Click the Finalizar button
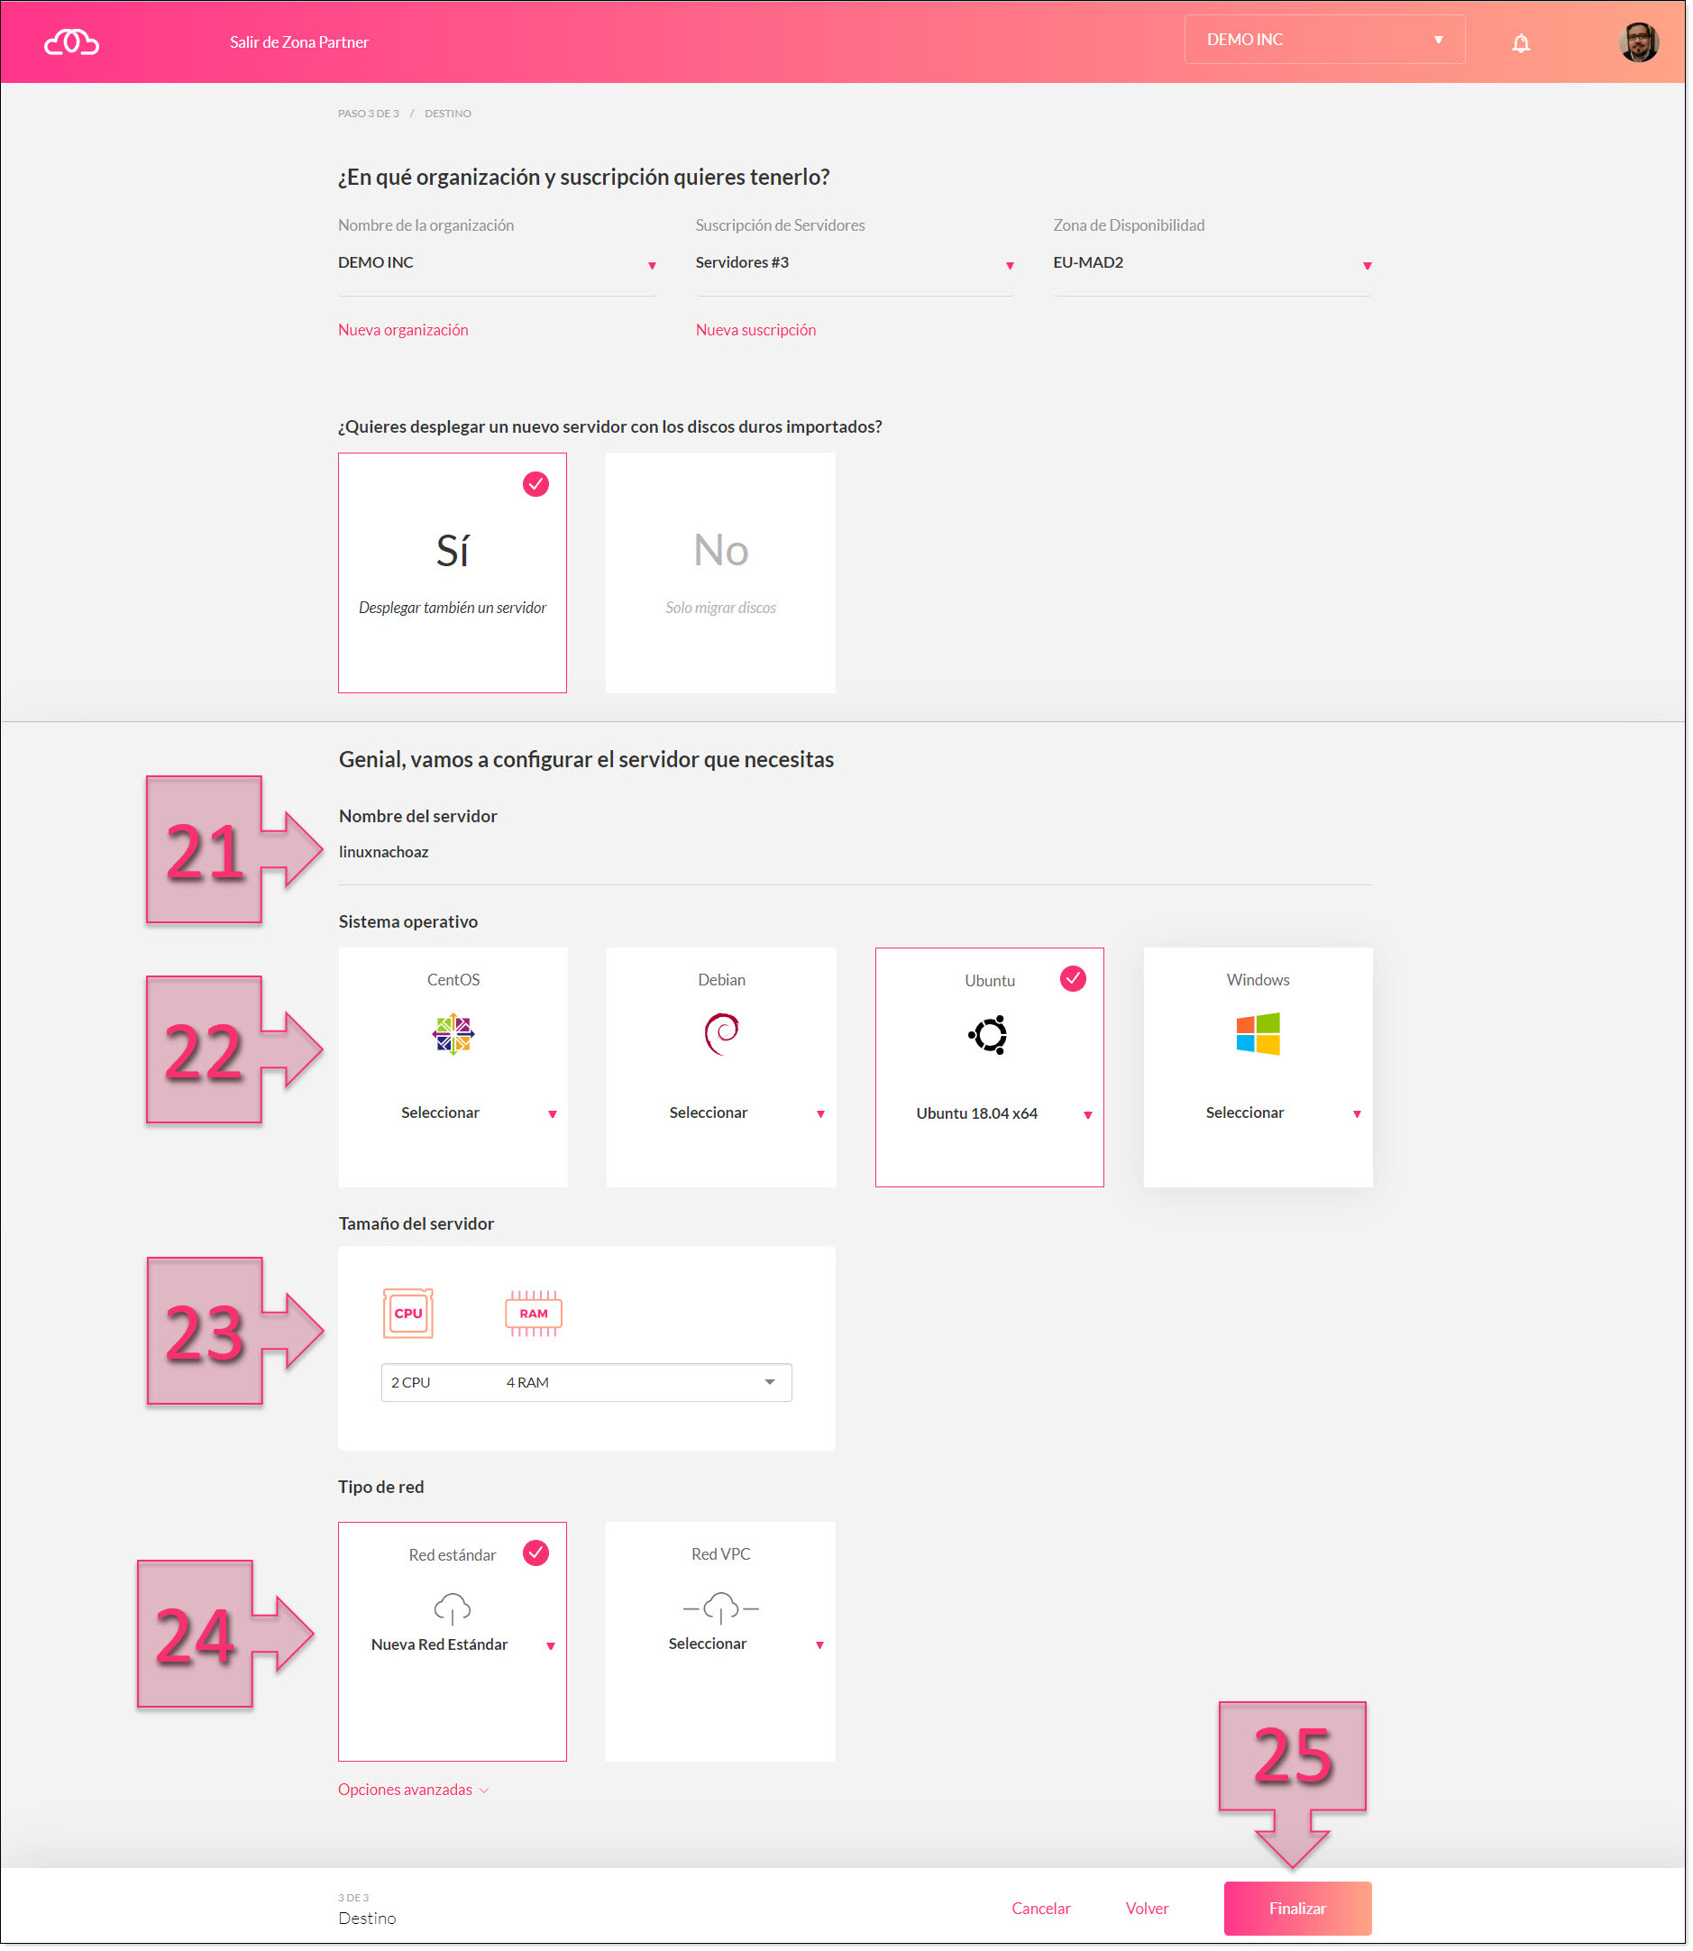click(x=1297, y=1908)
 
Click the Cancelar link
click(x=1040, y=1908)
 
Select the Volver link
click(x=1147, y=1908)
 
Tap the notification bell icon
click(x=1520, y=42)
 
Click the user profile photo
click(x=1639, y=42)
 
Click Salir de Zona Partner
click(x=298, y=42)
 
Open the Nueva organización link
click(x=403, y=330)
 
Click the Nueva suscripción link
click(x=755, y=330)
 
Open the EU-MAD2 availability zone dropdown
click(x=1213, y=263)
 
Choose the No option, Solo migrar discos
click(x=720, y=572)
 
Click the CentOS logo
click(x=453, y=1033)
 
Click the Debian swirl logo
click(x=722, y=1033)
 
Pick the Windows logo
click(x=1258, y=1033)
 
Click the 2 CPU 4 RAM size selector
click(x=586, y=1382)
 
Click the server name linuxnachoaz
click(x=383, y=852)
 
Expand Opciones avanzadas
click(x=413, y=1790)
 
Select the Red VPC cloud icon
click(x=721, y=1608)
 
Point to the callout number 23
click(x=205, y=1333)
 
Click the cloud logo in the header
click(x=72, y=42)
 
